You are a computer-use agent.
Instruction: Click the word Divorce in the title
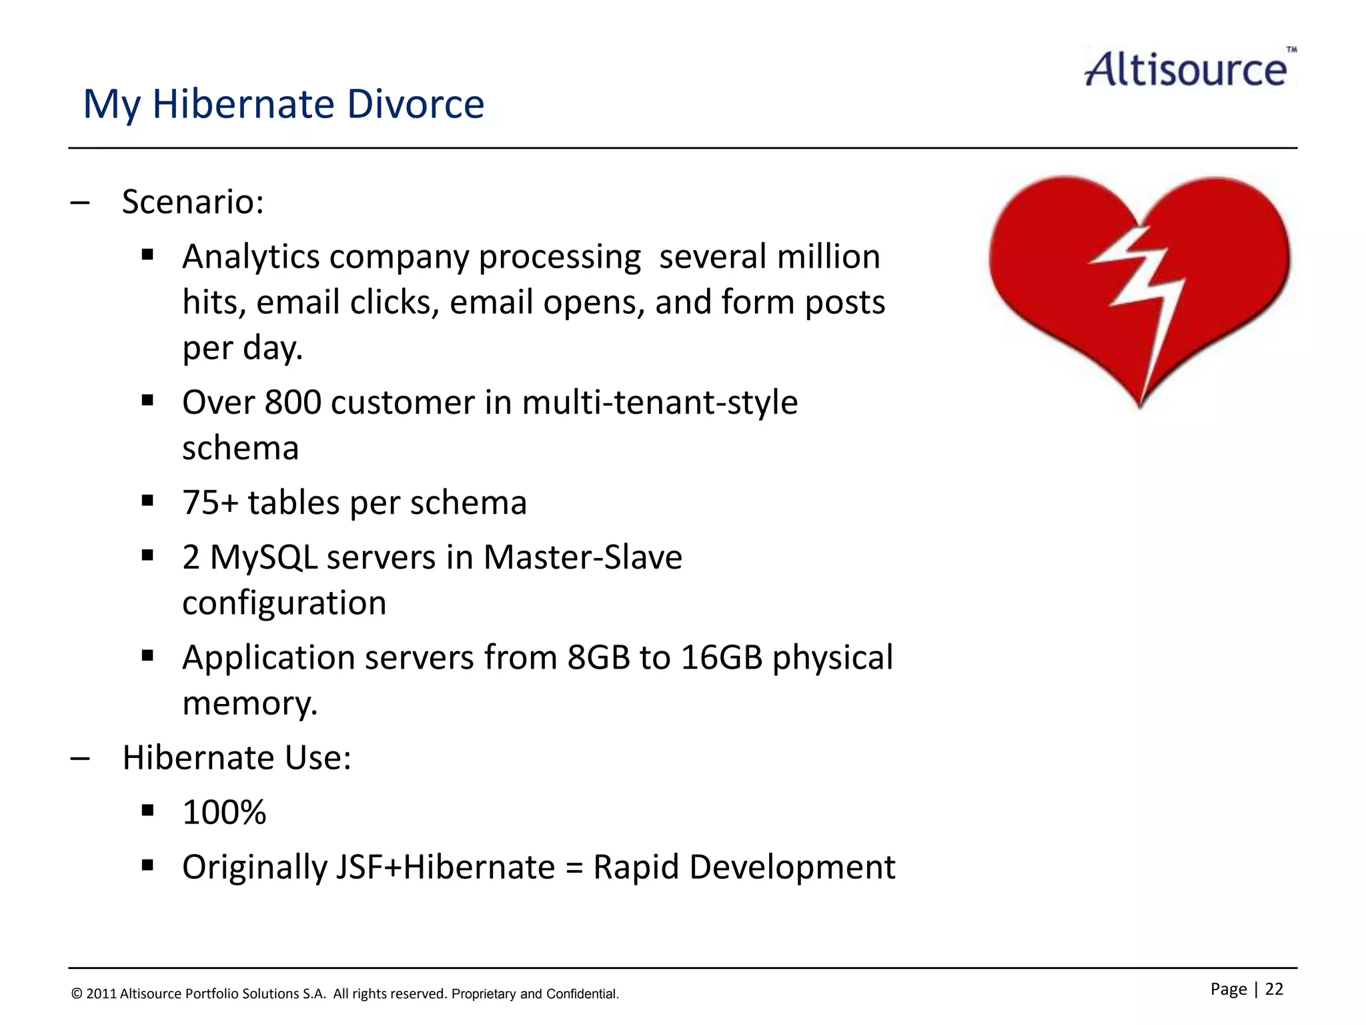click(415, 104)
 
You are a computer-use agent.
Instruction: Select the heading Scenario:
click(193, 202)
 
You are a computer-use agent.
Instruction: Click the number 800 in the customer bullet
click(293, 402)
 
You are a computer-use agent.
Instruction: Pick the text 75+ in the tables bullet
click(209, 502)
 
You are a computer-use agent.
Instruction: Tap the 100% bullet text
click(224, 813)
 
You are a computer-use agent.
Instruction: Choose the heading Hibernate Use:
click(236, 758)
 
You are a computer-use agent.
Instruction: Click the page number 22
click(1274, 989)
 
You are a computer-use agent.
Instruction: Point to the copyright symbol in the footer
click(77, 994)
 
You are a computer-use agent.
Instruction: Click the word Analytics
click(251, 257)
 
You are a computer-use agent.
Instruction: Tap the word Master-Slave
click(582, 557)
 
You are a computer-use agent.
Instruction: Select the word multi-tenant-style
click(659, 402)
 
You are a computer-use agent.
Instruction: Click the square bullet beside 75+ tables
click(147, 500)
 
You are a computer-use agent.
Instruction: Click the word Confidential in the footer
click(581, 994)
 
